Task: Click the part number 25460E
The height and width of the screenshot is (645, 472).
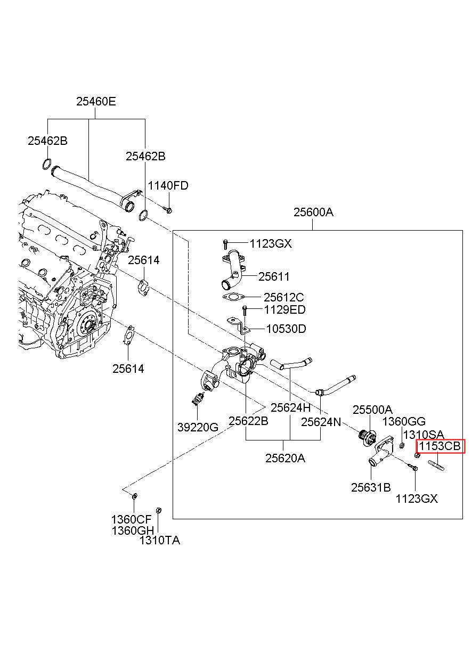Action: pos(96,101)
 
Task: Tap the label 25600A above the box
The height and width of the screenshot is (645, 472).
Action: pos(313,212)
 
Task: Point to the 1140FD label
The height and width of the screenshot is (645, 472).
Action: pos(168,185)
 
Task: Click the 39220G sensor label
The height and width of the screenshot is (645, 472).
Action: pos(198,427)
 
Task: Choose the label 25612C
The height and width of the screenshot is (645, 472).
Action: pos(283,297)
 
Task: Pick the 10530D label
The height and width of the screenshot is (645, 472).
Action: pos(286,329)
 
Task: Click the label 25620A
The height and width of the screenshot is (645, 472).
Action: pos(285,458)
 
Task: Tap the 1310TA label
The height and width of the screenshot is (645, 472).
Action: pos(160,540)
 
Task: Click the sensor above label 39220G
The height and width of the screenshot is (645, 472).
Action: pos(198,398)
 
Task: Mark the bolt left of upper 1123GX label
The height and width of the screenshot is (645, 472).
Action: pos(225,244)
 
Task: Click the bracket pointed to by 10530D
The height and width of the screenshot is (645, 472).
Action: pos(238,324)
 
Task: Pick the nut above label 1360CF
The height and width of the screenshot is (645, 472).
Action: pos(134,496)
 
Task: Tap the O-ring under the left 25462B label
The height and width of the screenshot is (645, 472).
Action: pos(47,164)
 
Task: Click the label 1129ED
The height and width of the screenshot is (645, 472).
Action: pos(285,310)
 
